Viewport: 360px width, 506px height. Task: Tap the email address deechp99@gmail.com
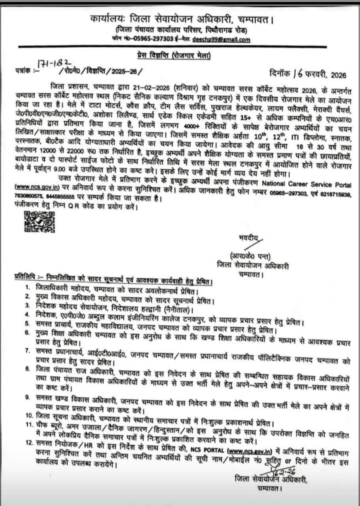click(x=221, y=40)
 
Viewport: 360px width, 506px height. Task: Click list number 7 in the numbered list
click(x=27, y=350)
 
